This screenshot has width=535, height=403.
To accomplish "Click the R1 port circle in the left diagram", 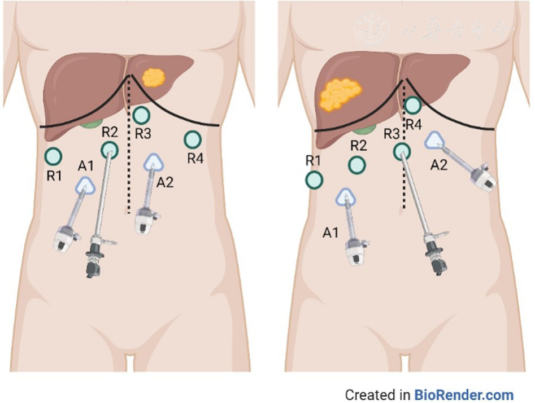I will [53, 155].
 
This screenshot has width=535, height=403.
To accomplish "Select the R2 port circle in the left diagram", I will [110, 150].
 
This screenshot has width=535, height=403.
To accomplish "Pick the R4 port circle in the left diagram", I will [193, 139].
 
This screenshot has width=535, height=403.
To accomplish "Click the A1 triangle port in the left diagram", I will [86, 184].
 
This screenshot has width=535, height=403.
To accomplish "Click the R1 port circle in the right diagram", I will [314, 180].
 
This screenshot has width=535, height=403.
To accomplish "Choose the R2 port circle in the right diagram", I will [356, 165].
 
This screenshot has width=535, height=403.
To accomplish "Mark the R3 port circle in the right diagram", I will [402, 151].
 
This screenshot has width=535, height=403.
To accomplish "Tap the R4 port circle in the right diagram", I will [413, 104].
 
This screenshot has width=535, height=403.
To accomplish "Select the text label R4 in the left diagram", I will [195, 159].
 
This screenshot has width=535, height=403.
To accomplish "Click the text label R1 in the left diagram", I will [54, 175].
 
